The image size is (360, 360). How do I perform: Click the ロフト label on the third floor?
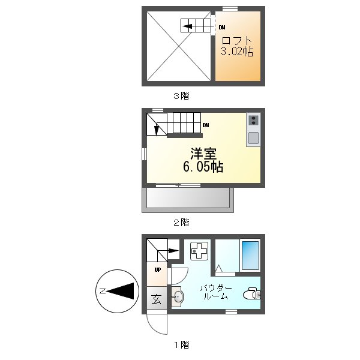tap(237, 41)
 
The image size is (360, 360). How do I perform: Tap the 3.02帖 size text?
tap(237, 52)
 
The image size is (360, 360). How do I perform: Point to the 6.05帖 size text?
tap(203, 167)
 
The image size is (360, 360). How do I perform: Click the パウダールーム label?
tap(215, 292)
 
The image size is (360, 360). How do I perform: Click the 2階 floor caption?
tap(181, 222)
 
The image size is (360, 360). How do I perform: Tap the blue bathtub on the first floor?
tap(250, 256)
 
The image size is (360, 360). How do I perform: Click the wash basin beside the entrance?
tap(177, 296)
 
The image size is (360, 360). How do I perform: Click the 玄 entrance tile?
tap(156, 298)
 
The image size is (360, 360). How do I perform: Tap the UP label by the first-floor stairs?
tap(157, 269)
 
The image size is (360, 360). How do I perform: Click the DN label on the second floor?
tap(205, 125)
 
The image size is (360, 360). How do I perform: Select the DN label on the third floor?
tap(222, 27)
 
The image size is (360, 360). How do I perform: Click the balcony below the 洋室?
tap(187, 199)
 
